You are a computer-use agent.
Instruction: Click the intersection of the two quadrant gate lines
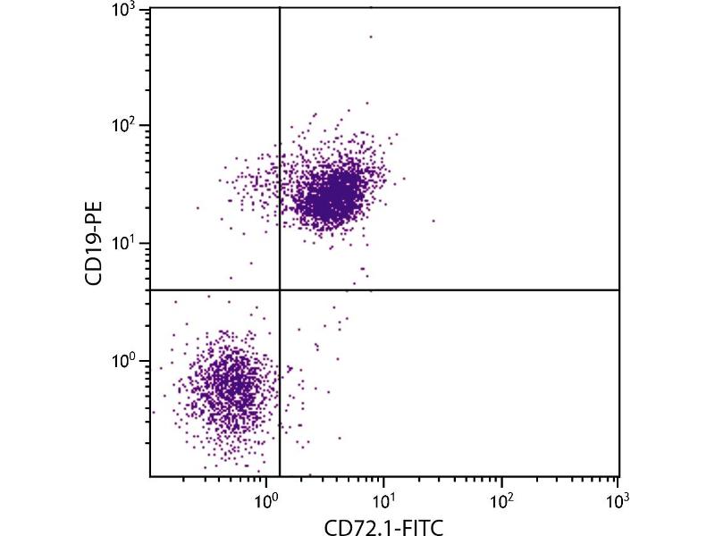280,289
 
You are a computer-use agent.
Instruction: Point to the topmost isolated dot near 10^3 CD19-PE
371,37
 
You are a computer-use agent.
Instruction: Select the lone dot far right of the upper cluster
434,220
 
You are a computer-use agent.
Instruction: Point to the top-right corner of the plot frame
618,8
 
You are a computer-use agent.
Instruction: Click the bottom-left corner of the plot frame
150,476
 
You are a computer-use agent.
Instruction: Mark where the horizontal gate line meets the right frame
618,289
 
